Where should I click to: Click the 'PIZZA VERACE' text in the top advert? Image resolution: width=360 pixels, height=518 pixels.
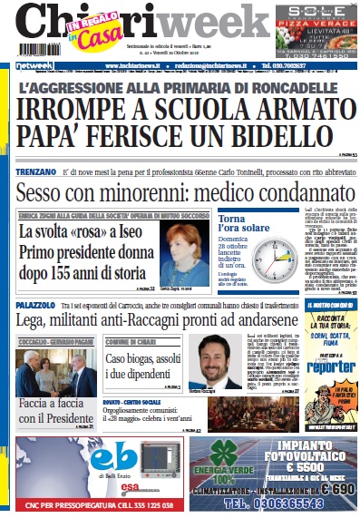click(x=319, y=25)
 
